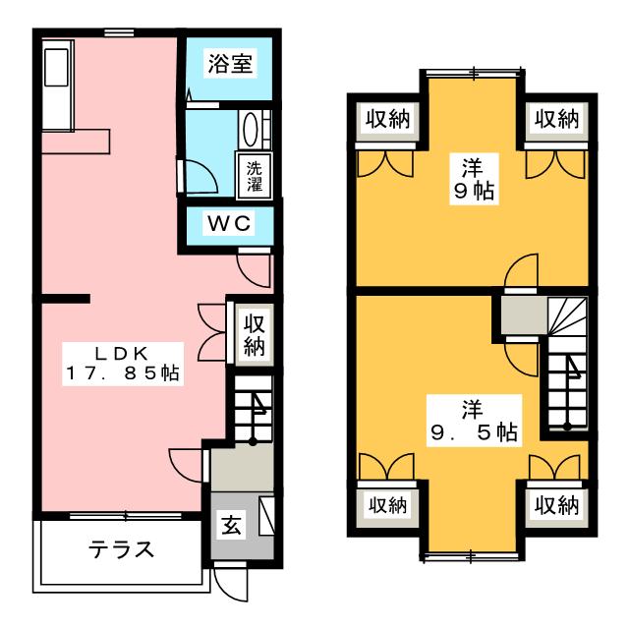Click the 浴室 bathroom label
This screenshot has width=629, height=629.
230,65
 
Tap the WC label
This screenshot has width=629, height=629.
229,222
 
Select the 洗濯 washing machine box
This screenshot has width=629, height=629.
255,174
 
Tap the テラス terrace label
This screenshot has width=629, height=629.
123,549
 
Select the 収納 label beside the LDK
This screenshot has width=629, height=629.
254,333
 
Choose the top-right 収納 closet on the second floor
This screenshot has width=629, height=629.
555,119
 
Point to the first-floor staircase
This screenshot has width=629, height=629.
253,409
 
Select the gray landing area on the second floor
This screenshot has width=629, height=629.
521,316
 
